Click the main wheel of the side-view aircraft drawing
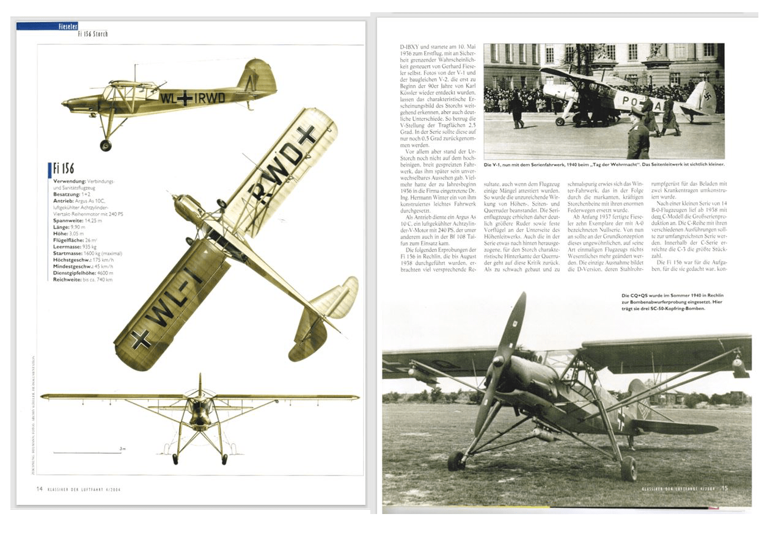point(106,145)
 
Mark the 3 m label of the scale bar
point(123,449)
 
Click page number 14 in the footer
point(39,489)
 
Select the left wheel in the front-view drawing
point(176,458)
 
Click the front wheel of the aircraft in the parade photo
point(560,121)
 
